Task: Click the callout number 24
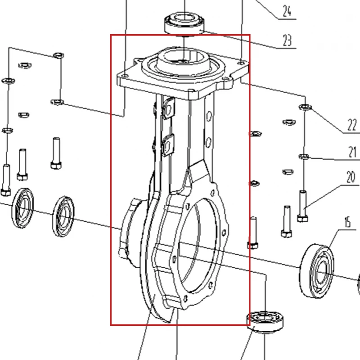[287, 11]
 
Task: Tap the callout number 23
[287, 40]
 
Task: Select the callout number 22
[352, 125]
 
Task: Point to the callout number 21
[352, 152]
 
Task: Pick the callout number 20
[351, 177]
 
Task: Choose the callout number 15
[347, 222]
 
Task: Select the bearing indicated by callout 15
[317, 271]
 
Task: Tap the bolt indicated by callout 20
[302, 206]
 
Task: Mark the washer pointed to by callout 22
[305, 107]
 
